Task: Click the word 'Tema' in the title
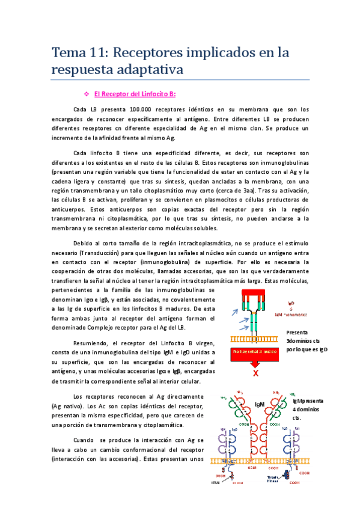(67, 52)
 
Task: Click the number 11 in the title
(106, 52)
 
